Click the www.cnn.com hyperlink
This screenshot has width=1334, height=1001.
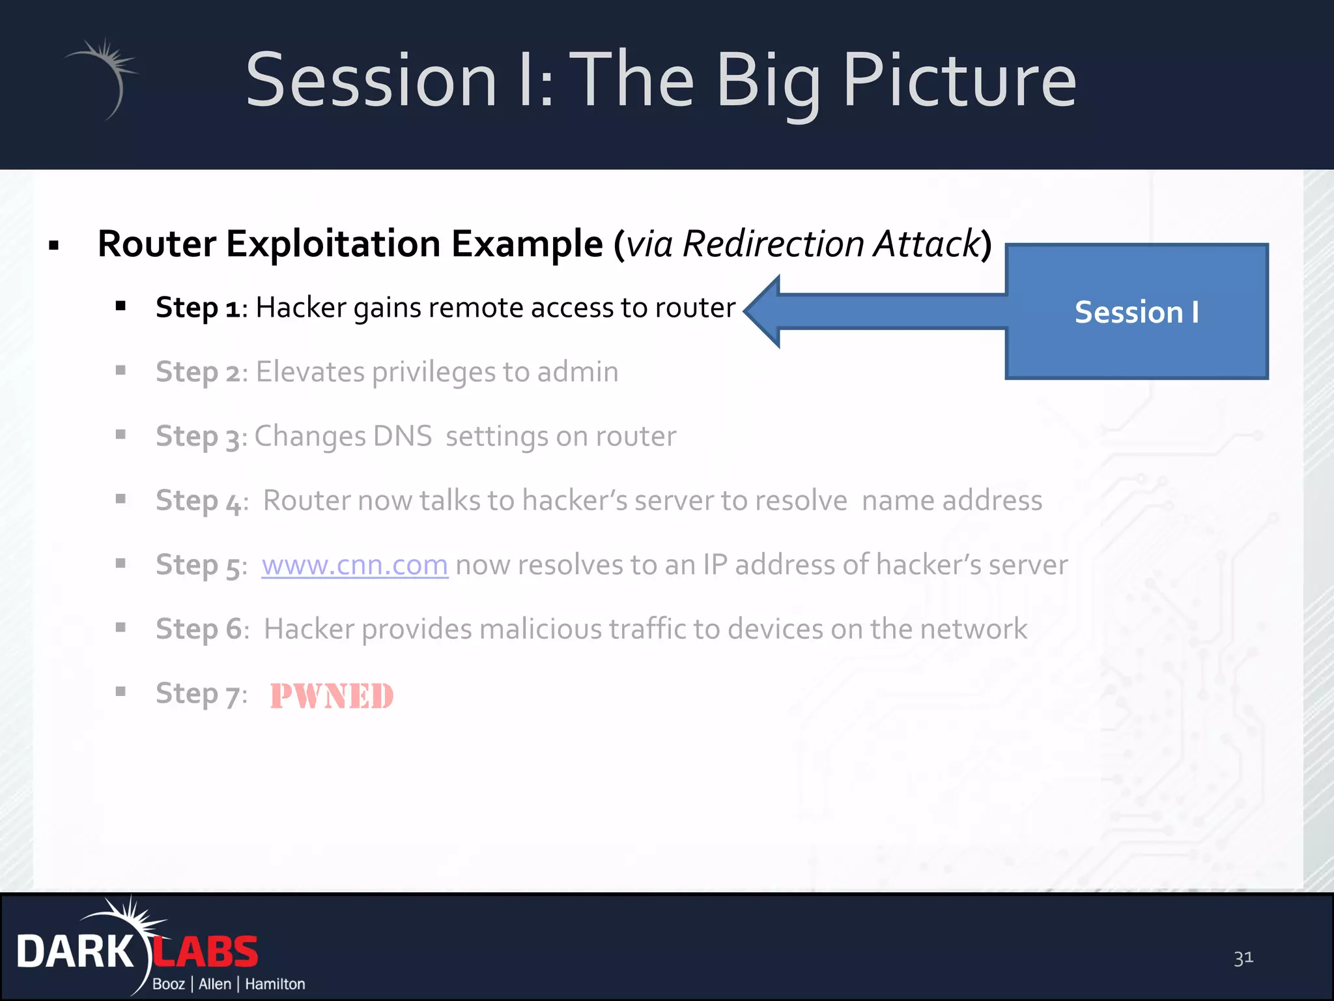354,564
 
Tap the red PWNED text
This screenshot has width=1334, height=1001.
332,695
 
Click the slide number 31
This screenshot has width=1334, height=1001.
1243,958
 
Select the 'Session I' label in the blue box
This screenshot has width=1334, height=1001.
1137,312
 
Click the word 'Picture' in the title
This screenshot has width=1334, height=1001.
959,80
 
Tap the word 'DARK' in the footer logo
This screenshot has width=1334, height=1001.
75,951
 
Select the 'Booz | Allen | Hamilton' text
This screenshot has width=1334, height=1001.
228,984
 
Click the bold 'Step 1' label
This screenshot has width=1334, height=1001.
197,307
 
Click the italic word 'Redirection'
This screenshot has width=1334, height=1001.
773,244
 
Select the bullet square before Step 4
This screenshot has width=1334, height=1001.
121,499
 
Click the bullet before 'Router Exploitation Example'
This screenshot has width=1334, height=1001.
54,246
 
